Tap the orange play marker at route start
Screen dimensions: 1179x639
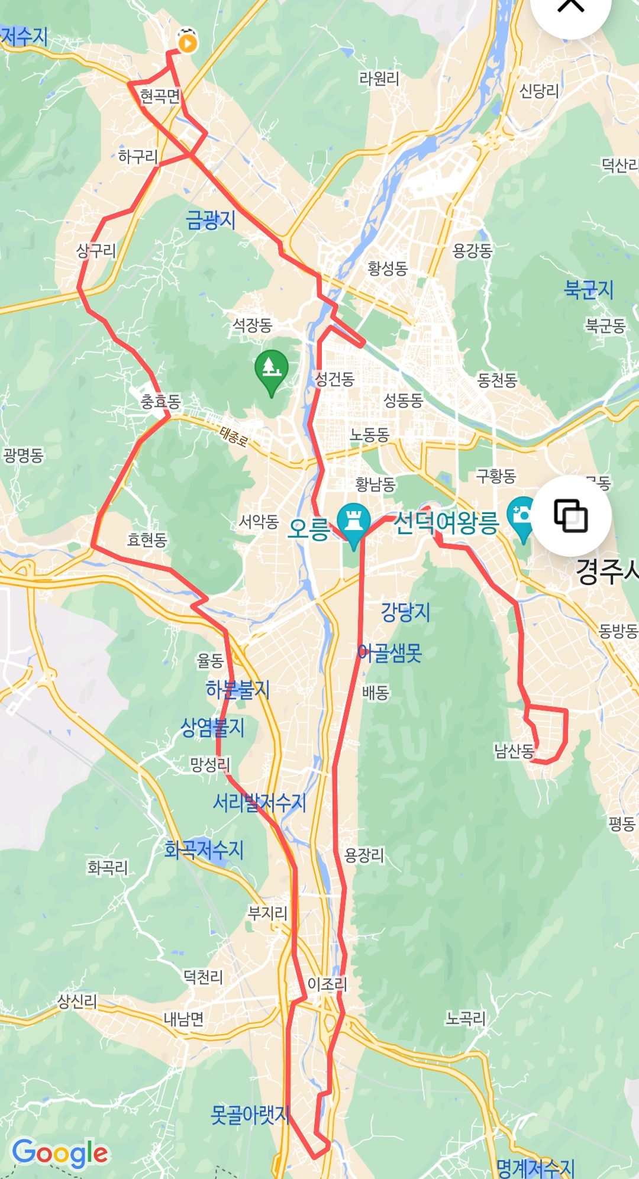(x=188, y=43)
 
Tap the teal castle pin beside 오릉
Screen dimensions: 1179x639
(x=353, y=522)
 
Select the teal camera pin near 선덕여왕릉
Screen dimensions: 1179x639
(x=521, y=516)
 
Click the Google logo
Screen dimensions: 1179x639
(x=60, y=1153)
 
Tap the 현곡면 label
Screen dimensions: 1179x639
(x=160, y=96)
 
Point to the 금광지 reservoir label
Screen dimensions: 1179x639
(x=211, y=220)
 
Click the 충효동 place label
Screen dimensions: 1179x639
(x=160, y=402)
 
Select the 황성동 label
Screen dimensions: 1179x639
(x=388, y=269)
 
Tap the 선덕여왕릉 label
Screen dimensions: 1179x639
(x=446, y=523)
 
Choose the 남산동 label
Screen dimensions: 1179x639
(x=514, y=751)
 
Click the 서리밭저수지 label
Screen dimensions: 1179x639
(x=260, y=803)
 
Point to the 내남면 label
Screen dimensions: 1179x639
(x=183, y=1019)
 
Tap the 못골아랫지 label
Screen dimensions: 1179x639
(x=250, y=1115)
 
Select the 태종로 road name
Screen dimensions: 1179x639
(x=234, y=437)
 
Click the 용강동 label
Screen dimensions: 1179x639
(x=472, y=251)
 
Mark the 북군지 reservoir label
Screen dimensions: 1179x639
(x=589, y=290)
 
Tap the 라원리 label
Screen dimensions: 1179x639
(x=379, y=79)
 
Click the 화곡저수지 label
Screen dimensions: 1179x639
(x=204, y=850)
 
